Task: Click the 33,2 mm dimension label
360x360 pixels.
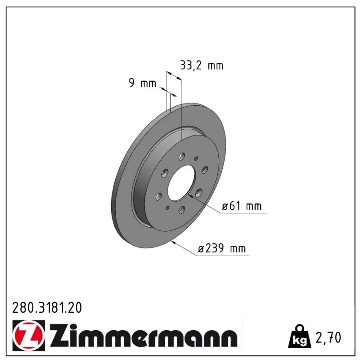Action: (x=201, y=65)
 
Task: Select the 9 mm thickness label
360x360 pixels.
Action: (x=142, y=83)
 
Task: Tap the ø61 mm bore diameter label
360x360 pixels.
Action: (x=242, y=206)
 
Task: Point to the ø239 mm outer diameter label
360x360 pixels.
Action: (x=221, y=248)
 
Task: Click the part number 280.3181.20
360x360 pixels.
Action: (x=47, y=308)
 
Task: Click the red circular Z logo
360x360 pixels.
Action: (x=28, y=335)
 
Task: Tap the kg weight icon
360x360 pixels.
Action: (x=300, y=336)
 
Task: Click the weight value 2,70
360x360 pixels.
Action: (x=328, y=337)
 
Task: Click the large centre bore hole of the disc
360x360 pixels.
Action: (x=181, y=183)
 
